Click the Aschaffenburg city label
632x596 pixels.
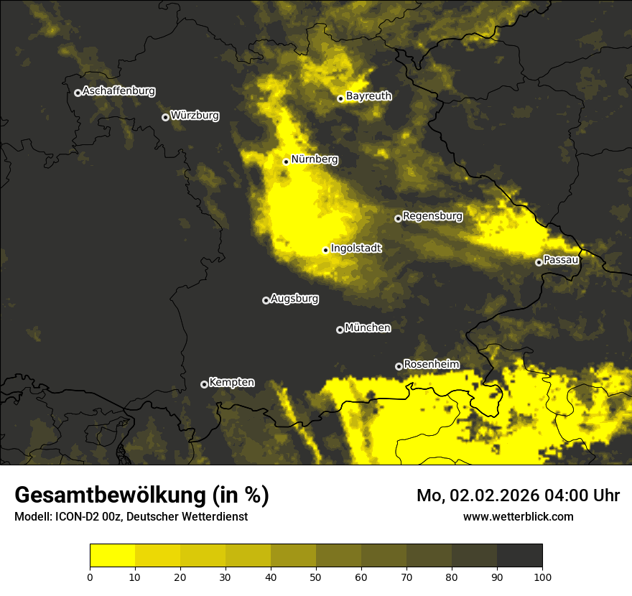coord(118,91)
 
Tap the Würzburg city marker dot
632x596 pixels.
coord(165,117)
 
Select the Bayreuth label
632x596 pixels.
coord(368,96)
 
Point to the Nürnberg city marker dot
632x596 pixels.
coord(286,162)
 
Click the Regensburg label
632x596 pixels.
coord(432,215)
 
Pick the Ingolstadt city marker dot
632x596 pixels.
coord(325,251)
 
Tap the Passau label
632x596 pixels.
coord(561,259)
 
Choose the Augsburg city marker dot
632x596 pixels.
coord(266,300)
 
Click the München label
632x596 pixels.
coord(368,327)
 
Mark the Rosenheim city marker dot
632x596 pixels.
coord(399,367)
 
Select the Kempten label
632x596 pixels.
coord(231,382)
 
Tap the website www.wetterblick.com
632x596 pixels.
coord(518,516)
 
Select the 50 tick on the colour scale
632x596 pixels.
coord(316,576)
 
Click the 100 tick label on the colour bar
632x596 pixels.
coord(542,576)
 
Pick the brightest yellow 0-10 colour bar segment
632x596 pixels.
coord(112,555)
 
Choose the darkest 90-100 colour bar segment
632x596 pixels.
coord(519,555)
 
